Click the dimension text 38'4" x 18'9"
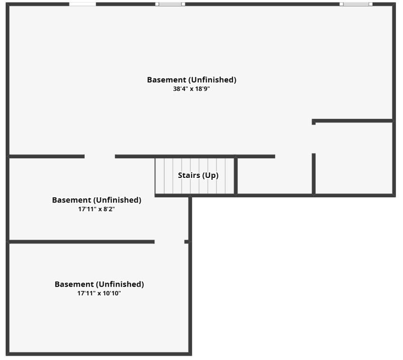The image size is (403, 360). tap(192, 89)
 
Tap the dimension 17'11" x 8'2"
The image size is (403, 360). tap(96, 209)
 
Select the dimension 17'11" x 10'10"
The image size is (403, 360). tap(99, 293)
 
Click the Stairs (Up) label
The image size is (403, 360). tap(198, 175)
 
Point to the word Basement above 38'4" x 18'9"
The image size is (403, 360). tap(166, 80)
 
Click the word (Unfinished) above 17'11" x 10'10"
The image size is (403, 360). tap(120, 284)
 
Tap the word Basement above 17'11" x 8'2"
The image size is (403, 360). tap(71, 200)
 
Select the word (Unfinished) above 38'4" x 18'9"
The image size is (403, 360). tap(212, 80)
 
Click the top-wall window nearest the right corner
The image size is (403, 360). tap(356, 4)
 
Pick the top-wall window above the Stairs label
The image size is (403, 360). tap(170, 4)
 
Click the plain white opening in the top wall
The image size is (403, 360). tap(83, 4)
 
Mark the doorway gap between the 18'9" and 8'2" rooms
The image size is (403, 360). tap(100, 156)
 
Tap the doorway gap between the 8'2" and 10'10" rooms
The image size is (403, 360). tap(169, 242)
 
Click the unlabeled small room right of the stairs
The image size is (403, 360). tap(275, 176)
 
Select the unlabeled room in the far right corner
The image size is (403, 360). tap(354, 158)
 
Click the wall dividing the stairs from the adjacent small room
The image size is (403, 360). tap(236, 176)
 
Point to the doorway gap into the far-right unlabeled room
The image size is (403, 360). tap(314, 139)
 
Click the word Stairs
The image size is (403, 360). tap(189, 175)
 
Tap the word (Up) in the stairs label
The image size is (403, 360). tap(210, 175)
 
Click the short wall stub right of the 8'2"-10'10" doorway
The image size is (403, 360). tap(187, 242)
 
